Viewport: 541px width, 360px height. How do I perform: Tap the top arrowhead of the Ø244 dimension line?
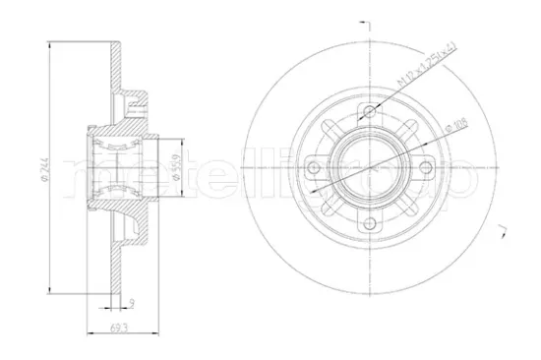48,42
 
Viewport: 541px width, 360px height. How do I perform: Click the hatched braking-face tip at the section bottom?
124,285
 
